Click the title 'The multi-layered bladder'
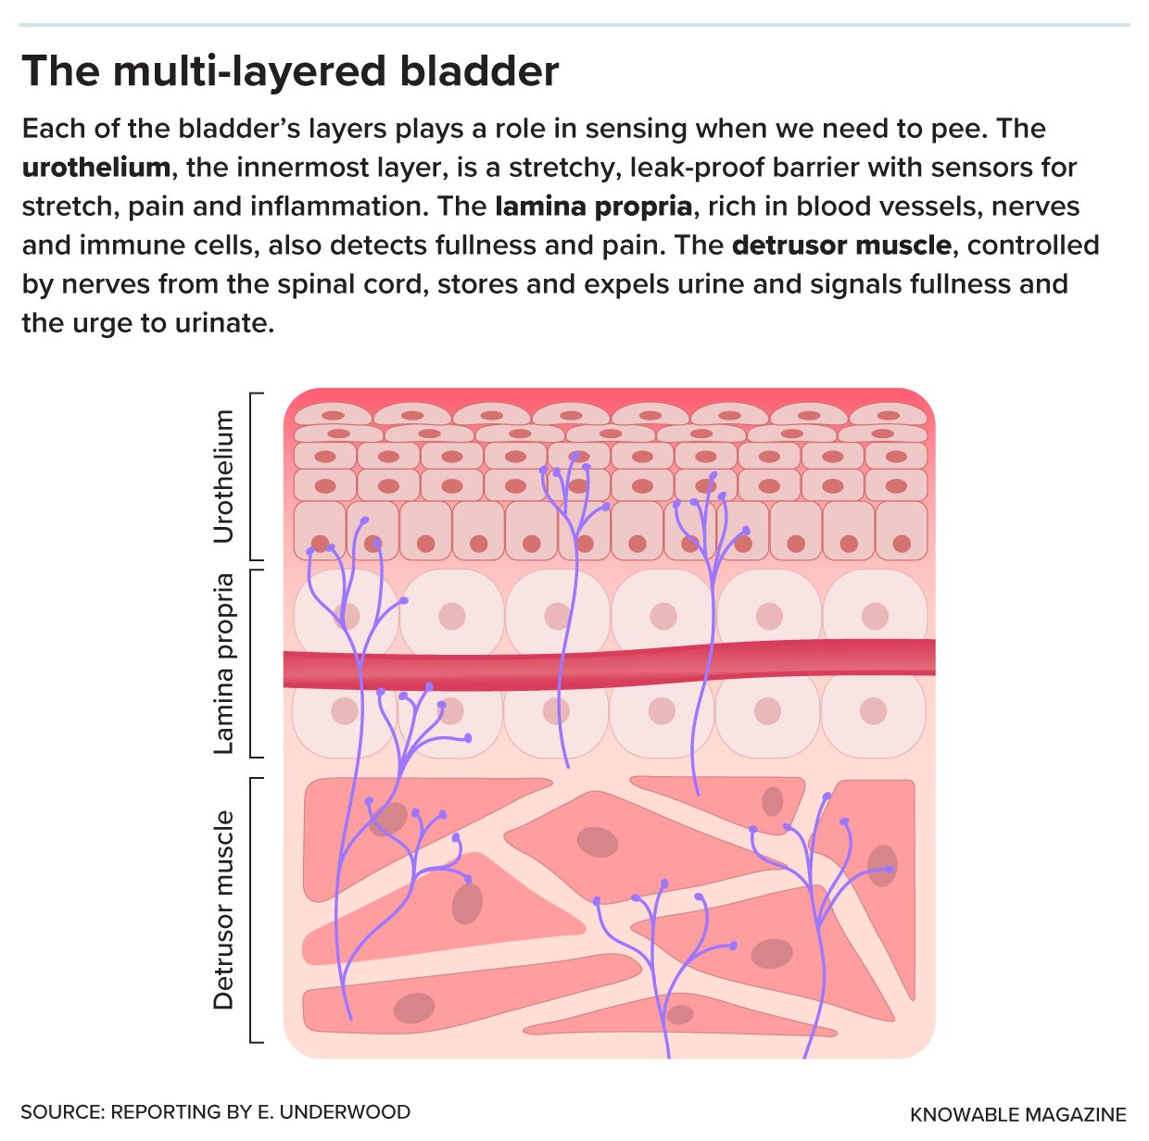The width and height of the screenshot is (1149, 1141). point(290,71)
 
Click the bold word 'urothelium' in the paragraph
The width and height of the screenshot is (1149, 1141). point(96,167)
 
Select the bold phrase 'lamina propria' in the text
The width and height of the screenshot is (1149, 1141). point(593,207)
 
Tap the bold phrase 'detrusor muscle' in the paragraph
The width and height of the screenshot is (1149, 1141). point(841,245)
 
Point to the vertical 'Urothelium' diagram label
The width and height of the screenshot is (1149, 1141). point(223,476)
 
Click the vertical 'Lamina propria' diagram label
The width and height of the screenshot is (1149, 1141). point(223,663)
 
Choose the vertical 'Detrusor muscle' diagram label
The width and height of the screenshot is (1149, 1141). point(223,909)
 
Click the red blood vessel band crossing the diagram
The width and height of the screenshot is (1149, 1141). point(609,664)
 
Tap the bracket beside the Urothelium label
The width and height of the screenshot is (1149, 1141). point(256,476)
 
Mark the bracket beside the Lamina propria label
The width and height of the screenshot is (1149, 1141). point(256,663)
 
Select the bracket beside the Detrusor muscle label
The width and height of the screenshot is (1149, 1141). point(256,910)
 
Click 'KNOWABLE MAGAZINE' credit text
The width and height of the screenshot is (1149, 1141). point(1017,1115)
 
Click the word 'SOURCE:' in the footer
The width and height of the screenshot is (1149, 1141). point(63,1112)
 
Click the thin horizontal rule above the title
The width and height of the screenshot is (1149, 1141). point(574,25)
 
